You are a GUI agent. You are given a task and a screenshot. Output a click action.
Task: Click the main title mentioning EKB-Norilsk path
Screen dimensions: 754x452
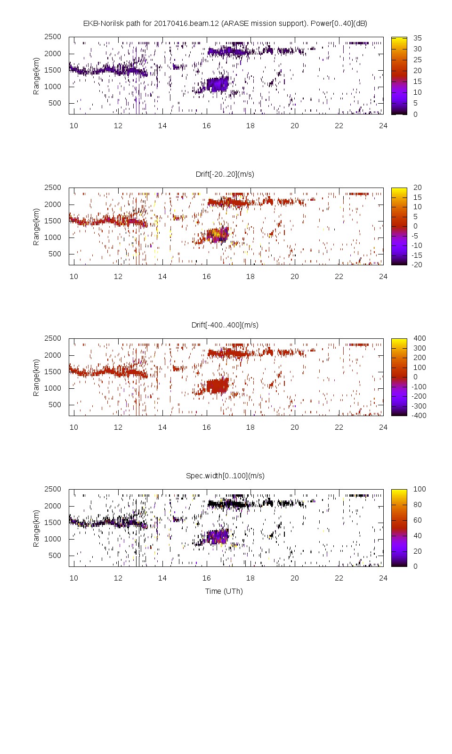point(225,23)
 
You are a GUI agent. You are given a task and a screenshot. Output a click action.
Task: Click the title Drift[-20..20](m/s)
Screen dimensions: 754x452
point(225,174)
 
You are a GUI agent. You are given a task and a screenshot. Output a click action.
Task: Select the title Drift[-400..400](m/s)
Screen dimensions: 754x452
point(225,325)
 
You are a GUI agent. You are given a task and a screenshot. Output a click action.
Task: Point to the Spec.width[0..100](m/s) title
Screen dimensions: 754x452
point(225,475)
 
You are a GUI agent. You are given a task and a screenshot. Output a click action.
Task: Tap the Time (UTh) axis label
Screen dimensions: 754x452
point(224,591)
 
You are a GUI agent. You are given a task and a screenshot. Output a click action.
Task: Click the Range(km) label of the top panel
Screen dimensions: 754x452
point(36,76)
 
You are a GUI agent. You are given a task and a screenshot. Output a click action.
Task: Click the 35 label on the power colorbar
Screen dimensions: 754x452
point(418,38)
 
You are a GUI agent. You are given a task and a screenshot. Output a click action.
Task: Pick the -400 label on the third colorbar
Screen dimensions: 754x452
point(418,415)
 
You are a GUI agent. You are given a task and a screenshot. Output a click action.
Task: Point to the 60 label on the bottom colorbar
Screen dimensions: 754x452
point(418,520)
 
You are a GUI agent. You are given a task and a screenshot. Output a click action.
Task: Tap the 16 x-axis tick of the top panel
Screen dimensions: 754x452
point(207,125)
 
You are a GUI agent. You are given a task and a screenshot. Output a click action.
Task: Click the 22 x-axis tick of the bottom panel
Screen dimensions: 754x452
point(339,578)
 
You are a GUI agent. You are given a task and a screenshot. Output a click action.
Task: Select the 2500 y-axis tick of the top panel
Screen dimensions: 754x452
point(53,37)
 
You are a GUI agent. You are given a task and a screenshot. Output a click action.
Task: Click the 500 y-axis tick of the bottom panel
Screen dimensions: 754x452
point(55,555)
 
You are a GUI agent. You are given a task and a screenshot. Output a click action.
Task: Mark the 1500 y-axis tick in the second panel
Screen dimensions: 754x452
point(53,221)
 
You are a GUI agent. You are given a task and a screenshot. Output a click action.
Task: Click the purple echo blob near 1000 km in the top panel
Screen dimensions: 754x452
point(218,84)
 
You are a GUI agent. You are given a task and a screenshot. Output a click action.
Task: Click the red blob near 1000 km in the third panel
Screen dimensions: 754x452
point(218,386)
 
